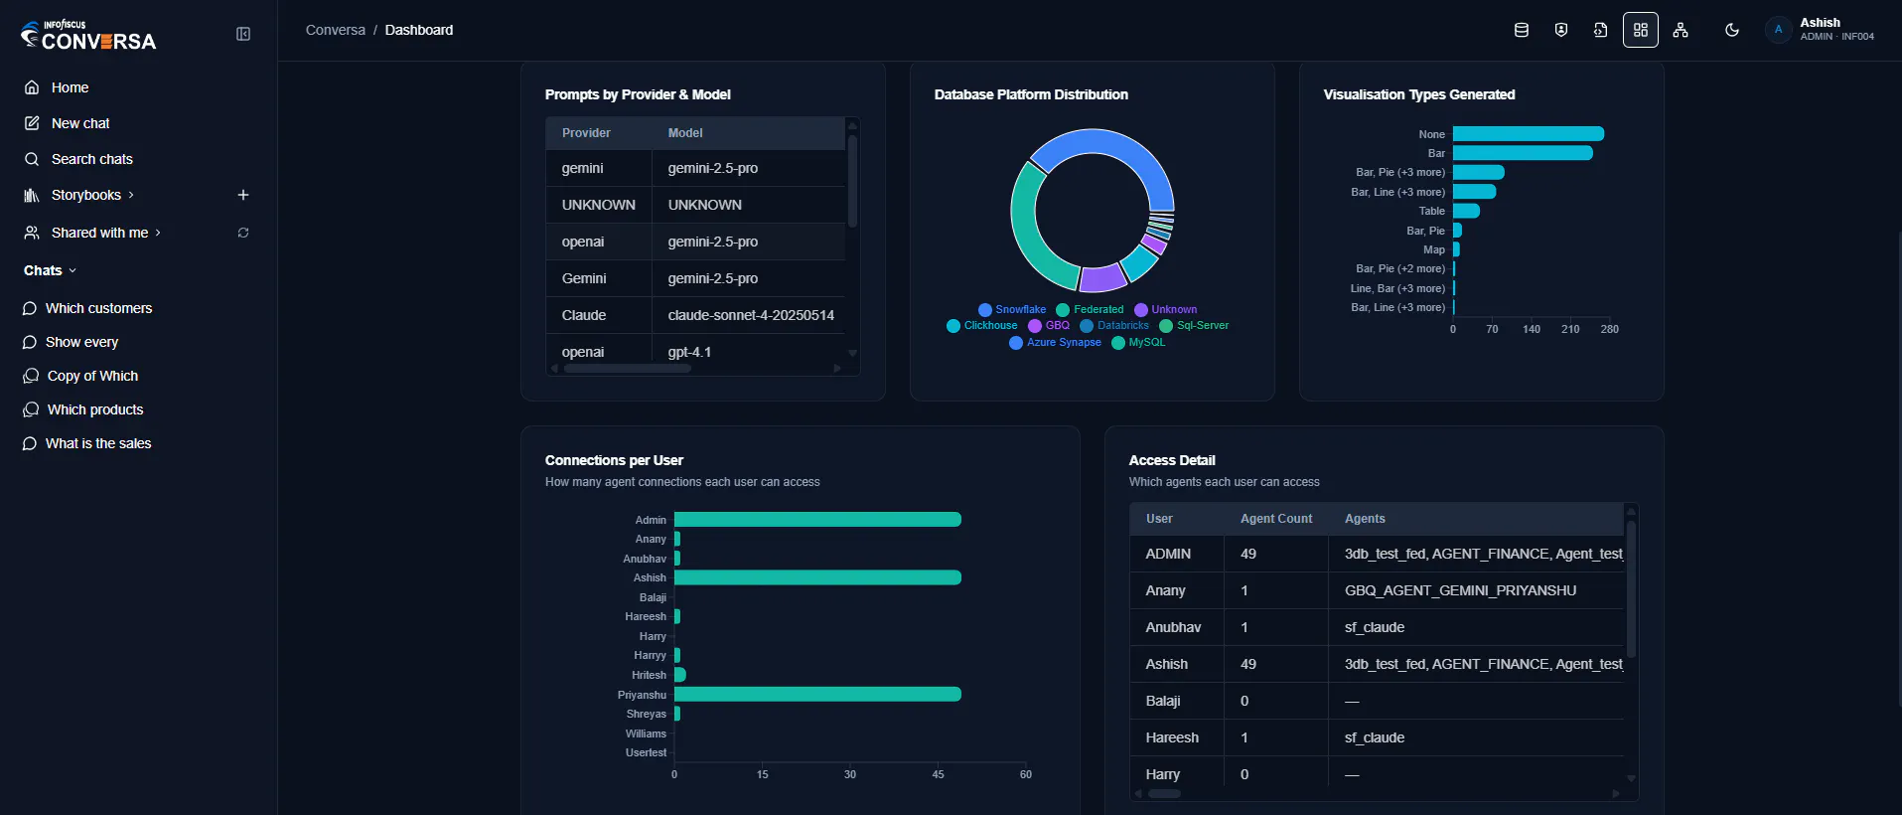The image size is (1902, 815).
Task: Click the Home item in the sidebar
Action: pos(57,87)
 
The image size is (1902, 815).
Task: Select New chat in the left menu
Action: pos(67,123)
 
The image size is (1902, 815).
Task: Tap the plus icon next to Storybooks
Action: pos(243,195)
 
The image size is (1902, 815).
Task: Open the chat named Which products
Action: pos(83,409)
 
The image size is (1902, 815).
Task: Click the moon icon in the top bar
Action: pos(1732,30)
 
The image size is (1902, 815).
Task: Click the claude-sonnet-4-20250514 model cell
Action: pos(751,315)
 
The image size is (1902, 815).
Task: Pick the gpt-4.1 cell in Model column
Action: pos(689,352)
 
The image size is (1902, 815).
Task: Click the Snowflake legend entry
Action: pos(1012,309)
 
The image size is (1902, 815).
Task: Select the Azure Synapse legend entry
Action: pos(1055,342)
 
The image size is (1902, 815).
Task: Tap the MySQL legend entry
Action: pos(1138,342)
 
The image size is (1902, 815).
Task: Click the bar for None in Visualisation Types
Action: pos(1529,134)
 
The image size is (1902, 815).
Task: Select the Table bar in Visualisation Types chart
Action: pos(1466,211)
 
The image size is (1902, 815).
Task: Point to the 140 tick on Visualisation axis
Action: pos(1532,329)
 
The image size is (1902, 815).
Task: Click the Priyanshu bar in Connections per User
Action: pos(817,694)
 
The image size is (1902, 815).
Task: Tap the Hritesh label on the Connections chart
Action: pos(650,675)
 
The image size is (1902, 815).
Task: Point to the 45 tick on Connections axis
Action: pos(938,774)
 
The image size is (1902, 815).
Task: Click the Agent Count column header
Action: pos(1276,519)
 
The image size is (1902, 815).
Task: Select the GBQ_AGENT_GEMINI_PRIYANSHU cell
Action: pos(1460,590)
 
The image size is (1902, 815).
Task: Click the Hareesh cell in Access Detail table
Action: pos(1172,737)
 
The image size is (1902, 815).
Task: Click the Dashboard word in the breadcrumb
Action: pos(419,30)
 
